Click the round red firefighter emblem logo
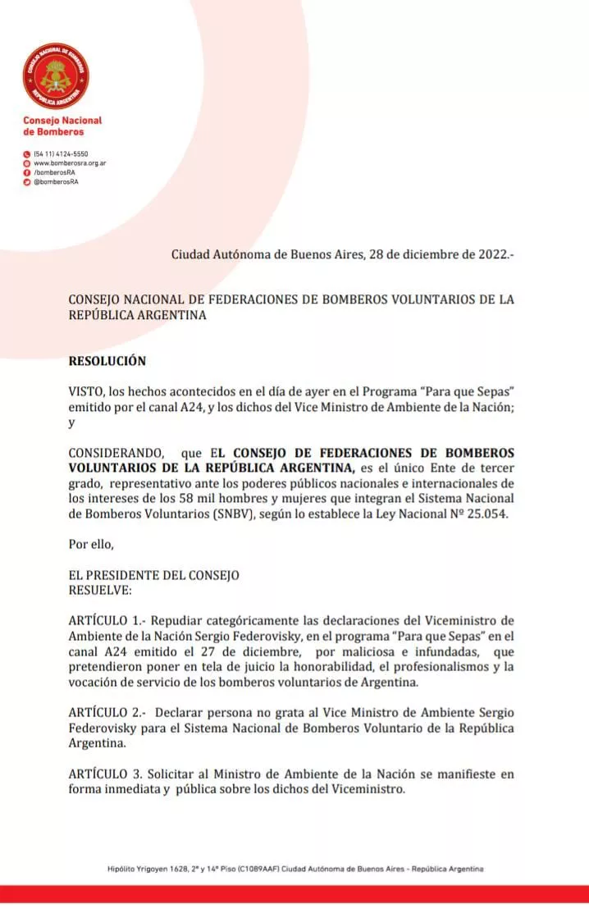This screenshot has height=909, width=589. (x=56, y=76)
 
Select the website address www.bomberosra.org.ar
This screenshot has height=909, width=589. (x=70, y=163)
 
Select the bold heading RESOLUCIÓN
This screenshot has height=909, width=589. (x=107, y=360)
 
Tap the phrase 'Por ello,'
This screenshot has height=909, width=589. (x=89, y=544)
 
